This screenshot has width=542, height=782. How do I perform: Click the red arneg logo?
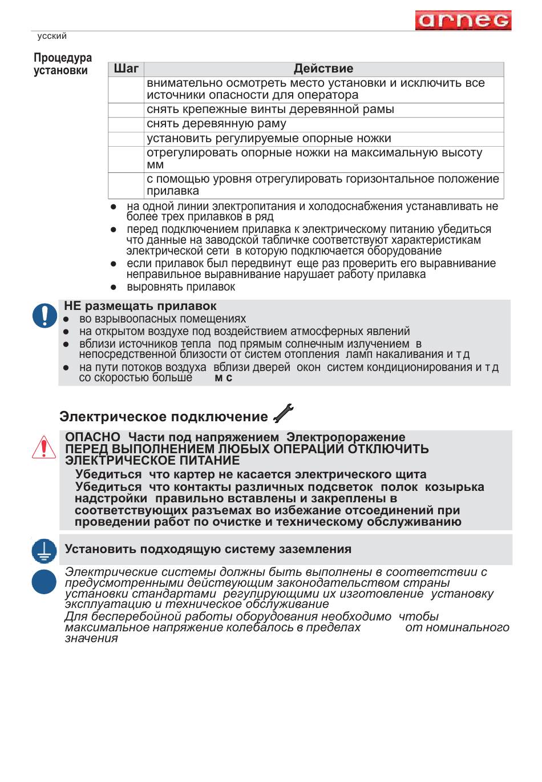463,21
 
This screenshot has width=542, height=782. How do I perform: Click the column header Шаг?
126,69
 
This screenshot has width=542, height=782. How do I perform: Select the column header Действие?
323,69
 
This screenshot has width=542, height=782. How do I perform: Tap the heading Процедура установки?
62,64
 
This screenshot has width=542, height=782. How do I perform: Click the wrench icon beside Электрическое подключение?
284,413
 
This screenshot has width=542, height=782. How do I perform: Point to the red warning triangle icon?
44,448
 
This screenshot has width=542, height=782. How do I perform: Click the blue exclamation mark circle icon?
45,315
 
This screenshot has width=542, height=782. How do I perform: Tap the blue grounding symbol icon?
44,551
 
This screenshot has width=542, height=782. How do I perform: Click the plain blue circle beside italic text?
44,582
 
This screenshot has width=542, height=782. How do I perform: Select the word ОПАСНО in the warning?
92,437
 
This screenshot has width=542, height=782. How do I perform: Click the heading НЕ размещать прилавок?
140,307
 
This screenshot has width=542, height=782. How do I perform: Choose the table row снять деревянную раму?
216,124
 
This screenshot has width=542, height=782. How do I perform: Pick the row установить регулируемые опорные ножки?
269,139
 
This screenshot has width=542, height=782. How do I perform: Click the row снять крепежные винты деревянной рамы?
270,110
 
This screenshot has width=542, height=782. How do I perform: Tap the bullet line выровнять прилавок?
180,287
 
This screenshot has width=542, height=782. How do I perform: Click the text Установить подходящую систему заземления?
208,549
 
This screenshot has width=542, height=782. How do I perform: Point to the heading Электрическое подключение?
163,417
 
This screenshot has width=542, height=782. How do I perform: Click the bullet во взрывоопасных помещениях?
162,319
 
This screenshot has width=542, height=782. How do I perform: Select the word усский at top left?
52,36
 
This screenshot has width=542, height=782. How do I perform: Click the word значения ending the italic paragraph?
91,639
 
